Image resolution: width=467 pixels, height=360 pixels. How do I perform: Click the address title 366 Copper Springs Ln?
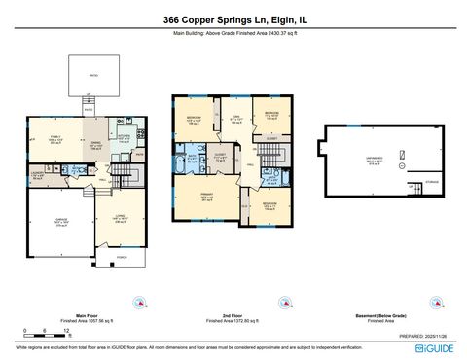233,19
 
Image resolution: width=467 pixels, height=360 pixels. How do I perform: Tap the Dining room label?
97,147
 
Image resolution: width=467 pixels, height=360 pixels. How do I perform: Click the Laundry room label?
38,175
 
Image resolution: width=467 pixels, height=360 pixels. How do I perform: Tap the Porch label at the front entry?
122,258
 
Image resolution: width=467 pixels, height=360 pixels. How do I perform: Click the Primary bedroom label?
207,198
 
